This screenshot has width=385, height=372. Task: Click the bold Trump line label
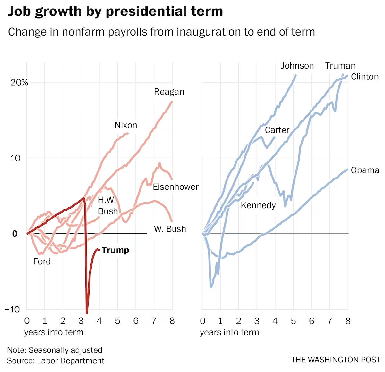click(115, 250)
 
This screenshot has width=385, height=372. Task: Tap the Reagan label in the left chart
click(169, 92)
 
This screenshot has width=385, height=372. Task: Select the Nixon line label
click(126, 125)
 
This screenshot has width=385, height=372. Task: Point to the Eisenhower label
click(175, 187)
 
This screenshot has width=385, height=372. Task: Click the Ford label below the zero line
click(42, 261)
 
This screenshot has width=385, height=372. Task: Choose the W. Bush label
click(170, 229)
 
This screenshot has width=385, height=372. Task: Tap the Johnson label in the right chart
click(297, 66)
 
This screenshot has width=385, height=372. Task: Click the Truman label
click(340, 66)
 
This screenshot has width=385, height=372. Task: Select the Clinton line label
click(365, 77)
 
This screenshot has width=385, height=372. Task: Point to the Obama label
click(365, 170)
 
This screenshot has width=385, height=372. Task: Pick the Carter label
click(277, 130)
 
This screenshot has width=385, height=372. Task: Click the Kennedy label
click(258, 205)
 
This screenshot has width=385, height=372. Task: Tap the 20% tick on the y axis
click(19, 82)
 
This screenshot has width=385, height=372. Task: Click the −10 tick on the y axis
click(12, 310)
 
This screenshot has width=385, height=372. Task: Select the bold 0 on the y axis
click(15, 234)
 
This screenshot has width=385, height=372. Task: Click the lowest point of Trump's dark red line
click(87, 313)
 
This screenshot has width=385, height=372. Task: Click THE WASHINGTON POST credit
click(336, 360)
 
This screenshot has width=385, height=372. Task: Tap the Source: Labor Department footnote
click(56, 360)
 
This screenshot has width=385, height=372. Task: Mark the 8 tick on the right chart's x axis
click(348, 321)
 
